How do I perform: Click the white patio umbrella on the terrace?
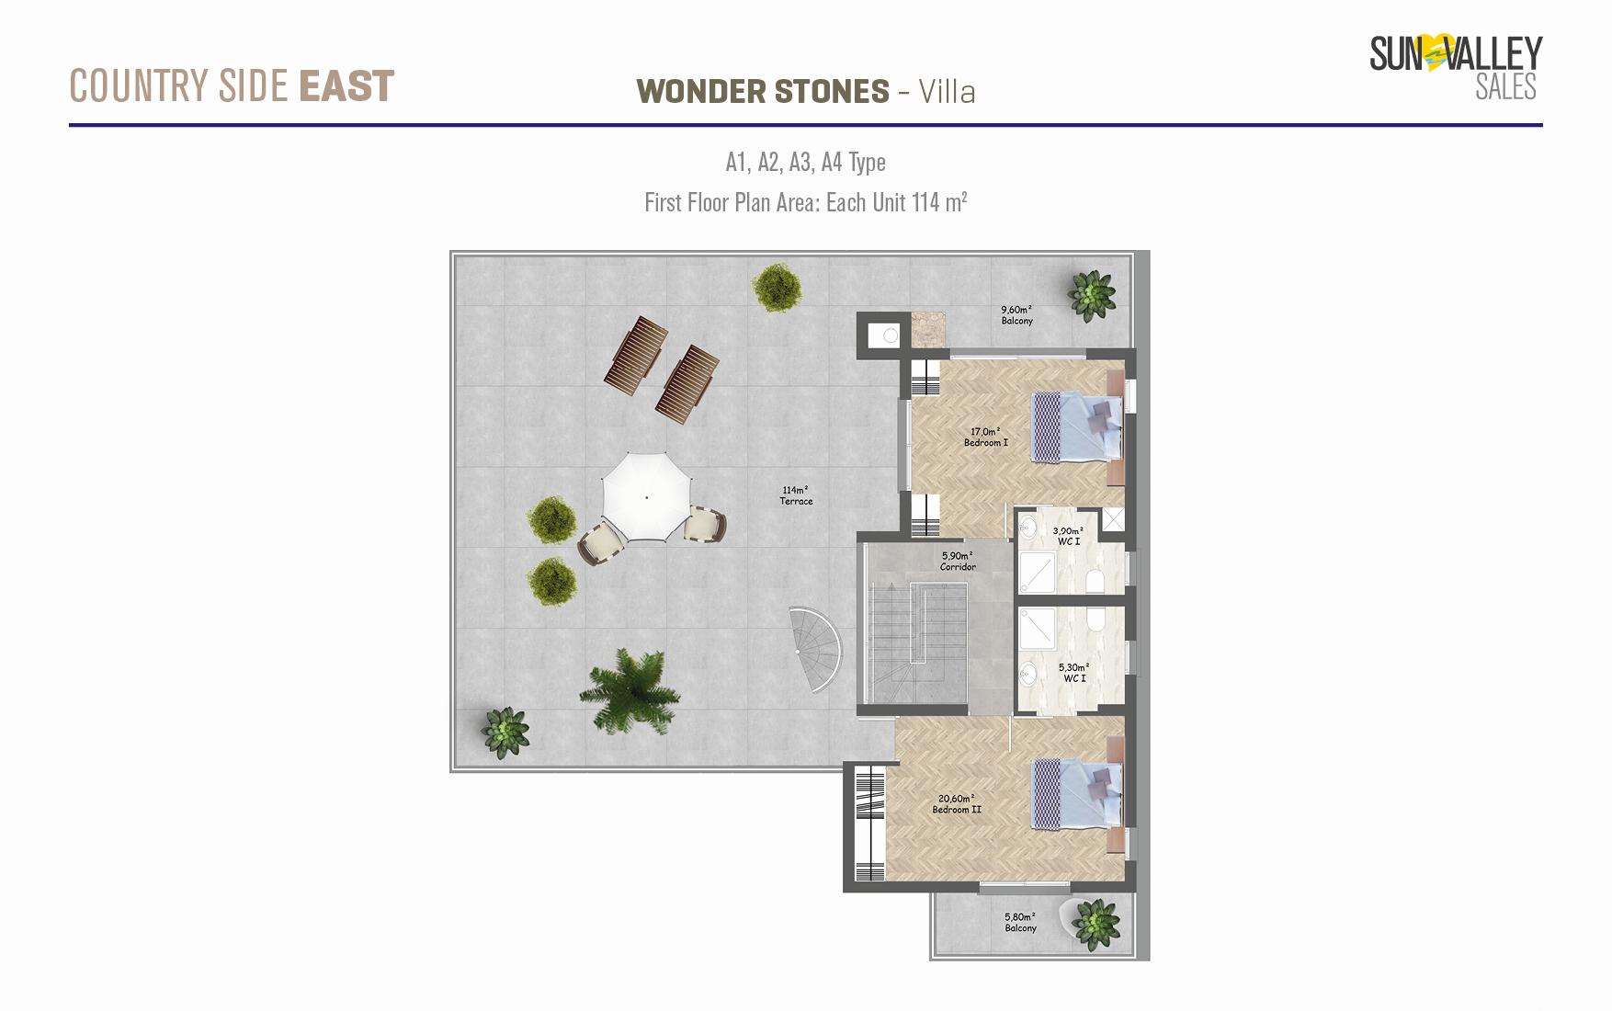click(646, 497)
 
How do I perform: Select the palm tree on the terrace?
click(630, 689)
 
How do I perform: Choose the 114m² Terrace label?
click(796, 495)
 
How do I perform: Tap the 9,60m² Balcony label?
click(1016, 315)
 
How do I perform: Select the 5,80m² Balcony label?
click(1020, 922)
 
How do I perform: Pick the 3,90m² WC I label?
click(1068, 536)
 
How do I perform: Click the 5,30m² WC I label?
click(1074, 673)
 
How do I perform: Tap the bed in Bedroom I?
click(1077, 426)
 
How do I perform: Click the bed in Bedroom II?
click(1077, 793)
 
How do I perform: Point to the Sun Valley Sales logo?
click(1456, 67)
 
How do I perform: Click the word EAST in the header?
click(346, 86)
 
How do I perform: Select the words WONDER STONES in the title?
click(763, 91)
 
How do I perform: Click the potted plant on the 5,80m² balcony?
click(1095, 924)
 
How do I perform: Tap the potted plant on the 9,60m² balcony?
click(1092, 295)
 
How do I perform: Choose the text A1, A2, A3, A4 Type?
click(805, 163)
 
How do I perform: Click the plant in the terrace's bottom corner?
click(505, 733)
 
